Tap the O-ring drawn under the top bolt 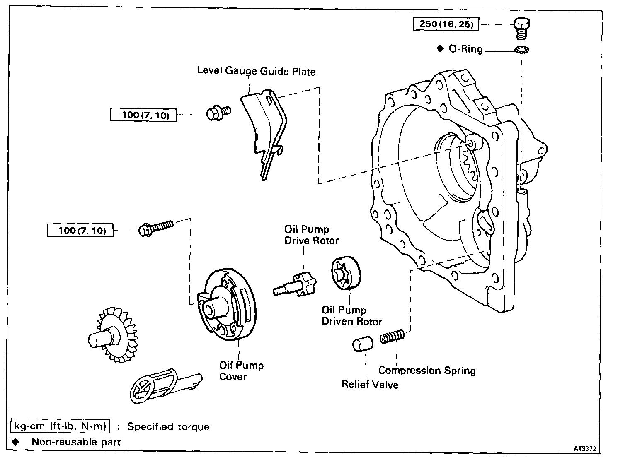click(x=522, y=50)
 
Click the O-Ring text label click(x=465, y=49)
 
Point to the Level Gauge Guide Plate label click(x=256, y=71)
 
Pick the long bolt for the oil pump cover click(x=156, y=229)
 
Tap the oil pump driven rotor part click(x=346, y=272)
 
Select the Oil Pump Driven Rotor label click(x=351, y=316)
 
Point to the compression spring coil click(x=392, y=336)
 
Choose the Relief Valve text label click(x=370, y=384)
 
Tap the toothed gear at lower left click(x=113, y=335)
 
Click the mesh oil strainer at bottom click(x=166, y=386)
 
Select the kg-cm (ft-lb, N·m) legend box click(x=60, y=426)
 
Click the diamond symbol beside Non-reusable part click(x=15, y=442)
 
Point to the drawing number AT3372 click(x=585, y=448)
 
